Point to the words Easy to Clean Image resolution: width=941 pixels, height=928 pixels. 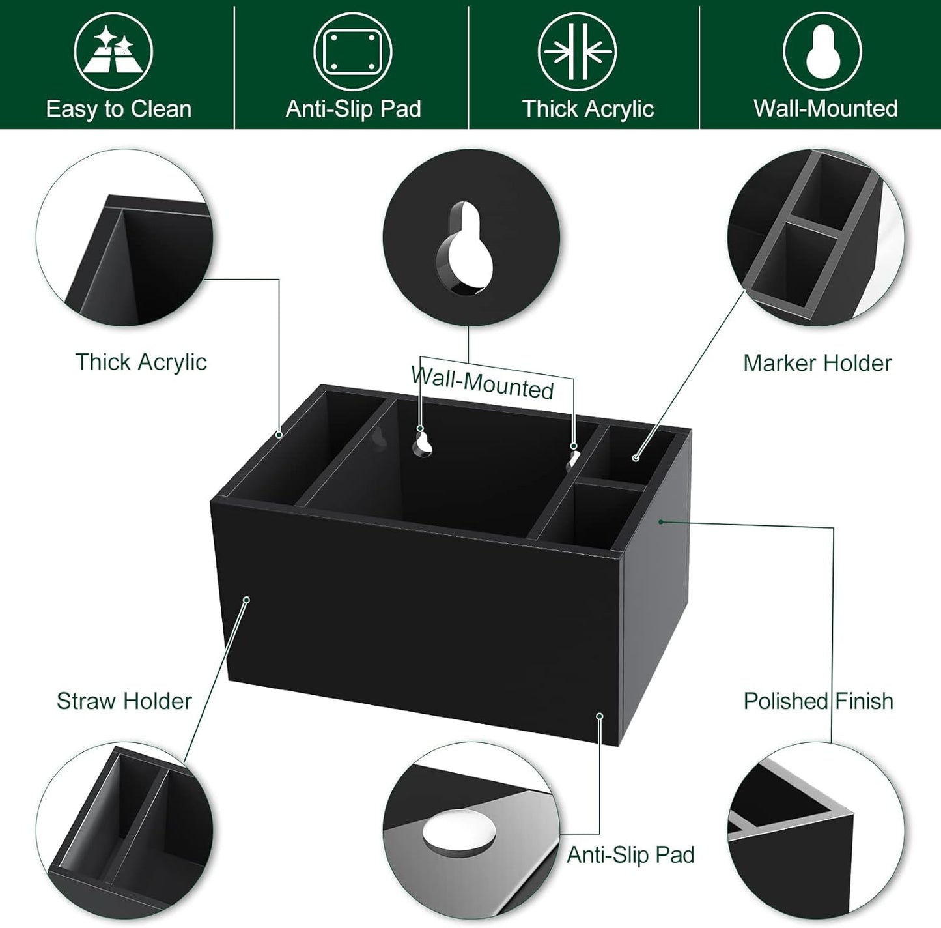(x=119, y=109)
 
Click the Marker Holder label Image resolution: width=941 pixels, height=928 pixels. (x=817, y=363)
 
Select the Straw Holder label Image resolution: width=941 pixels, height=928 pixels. (x=124, y=701)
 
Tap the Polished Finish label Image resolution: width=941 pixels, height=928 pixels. (x=819, y=701)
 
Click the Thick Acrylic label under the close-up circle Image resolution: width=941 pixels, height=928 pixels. (x=141, y=362)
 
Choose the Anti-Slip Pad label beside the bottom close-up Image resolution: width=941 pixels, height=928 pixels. (x=630, y=854)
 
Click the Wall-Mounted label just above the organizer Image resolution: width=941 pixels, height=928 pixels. (x=482, y=383)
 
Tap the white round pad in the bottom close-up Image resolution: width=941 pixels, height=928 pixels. (x=458, y=835)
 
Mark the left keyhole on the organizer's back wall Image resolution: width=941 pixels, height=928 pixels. (x=423, y=442)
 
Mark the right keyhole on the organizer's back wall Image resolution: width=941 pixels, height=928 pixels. (x=572, y=456)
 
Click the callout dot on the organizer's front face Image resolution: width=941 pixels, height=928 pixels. (x=246, y=600)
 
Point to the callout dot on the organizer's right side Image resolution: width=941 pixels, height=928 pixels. (x=660, y=521)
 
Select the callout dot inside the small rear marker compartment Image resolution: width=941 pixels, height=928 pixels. (x=636, y=458)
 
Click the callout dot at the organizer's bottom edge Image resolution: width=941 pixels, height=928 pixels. (x=599, y=716)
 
